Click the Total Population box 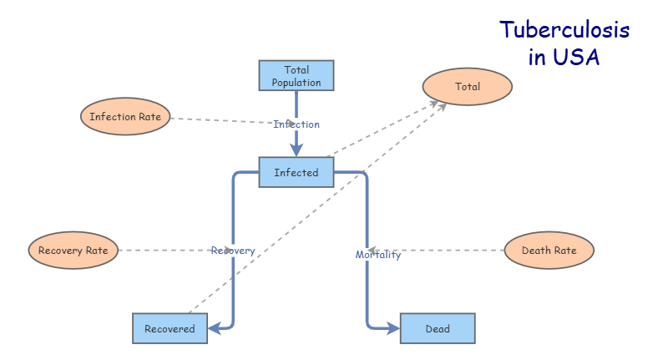pyautogui.click(x=296, y=75)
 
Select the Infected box pyautogui.click(x=296, y=172)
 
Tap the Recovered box pyautogui.click(x=170, y=328)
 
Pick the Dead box pyautogui.click(x=438, y=328)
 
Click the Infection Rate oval pyautogui.click(x=125, y=117)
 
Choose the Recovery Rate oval pyautogui.click(x=73, y=250)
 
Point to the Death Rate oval pyautogui.click(x=549, y=250)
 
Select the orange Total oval pyautogui.click(x=468, y=86)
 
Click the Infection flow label pyautogui.click(x=296, y=124)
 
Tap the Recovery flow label pyautogui.click(x=233, y=251)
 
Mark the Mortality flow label pyautogui.click(x=378, y=255)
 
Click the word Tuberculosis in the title pyautogui.click(x=564, y=31)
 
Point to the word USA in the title pyautogui.click(x=580, y=58)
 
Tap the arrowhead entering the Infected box pyautogui.click(x=296, y=150)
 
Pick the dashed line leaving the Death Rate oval pyautogui.click(x=451, y=250)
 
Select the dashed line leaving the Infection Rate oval pyautogui.click(x=217, y=120)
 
